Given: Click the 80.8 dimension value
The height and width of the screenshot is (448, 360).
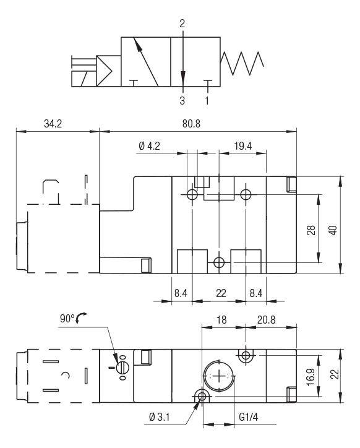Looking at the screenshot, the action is pos(191,124).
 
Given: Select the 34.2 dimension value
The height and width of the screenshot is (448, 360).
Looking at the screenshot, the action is pos(53,124).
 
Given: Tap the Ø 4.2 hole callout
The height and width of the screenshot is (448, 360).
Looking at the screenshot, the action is pos(149,146).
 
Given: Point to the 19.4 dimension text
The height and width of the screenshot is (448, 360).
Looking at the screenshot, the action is pos(243,146).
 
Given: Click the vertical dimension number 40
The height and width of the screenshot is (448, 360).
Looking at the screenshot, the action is pos(333,230).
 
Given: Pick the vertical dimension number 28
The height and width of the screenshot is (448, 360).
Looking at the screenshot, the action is pos(311,230).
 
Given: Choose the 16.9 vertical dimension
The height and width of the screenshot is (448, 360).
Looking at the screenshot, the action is pos(311,377).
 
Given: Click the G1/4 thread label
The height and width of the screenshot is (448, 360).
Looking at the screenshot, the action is pos(248,417).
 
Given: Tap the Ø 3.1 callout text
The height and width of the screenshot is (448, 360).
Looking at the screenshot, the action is pos(160,417).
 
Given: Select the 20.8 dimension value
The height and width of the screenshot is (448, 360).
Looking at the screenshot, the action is pos(266,320).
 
